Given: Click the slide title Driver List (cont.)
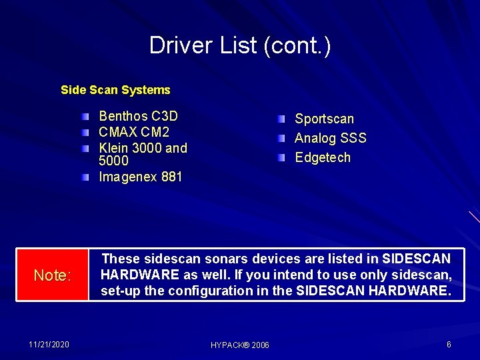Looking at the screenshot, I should tap(240, 46).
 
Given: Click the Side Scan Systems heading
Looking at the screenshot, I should tap(115, 90).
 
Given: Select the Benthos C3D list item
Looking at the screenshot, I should tap(138, 116).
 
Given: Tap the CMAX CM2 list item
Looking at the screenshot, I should tap(134, 132).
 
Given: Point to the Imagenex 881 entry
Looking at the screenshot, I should tap(140, 177).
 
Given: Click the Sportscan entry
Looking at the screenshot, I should tap(324, 119).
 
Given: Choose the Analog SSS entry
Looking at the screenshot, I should tap(330, 139).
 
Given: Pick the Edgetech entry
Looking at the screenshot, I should tap(322, 158).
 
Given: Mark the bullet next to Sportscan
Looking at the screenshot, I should tap(282, 119).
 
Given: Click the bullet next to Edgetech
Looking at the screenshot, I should tap(282, 158).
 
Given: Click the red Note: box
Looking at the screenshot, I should tap(52, 275).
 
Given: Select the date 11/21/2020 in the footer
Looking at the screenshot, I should tap(49, 344).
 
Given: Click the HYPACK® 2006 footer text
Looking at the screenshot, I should tap(240, 345).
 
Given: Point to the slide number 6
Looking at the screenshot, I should tap(449, 344).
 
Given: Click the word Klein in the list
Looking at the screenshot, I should tap(113, 148).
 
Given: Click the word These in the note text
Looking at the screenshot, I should tap(120, 259).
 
